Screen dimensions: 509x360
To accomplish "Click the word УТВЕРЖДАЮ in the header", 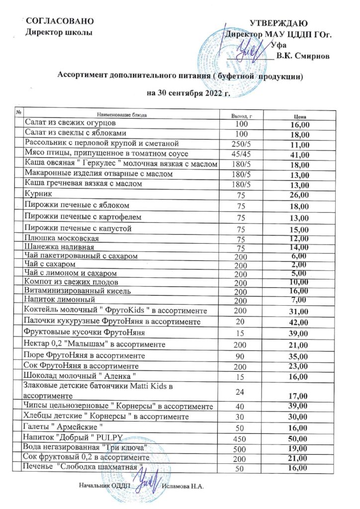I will (x=278, y=23).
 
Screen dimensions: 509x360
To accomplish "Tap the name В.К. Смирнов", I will (x=303, y=56).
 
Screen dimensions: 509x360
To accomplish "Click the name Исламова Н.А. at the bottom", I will (x=184, y=485).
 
